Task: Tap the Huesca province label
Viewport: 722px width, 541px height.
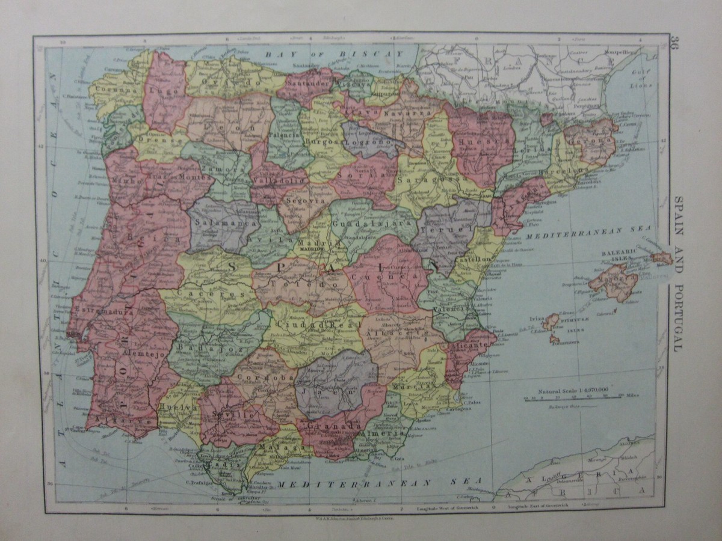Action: pos(480,142)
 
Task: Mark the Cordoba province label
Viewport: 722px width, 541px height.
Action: pos(259,377)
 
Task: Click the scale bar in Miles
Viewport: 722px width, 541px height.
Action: pos(581,397)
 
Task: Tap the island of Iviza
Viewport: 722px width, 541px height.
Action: pos(550,322)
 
